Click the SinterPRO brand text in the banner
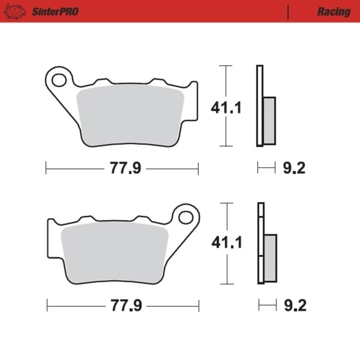(x=55, y=12)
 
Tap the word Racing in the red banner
(x=333, y=12)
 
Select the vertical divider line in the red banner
(x=288, y=12)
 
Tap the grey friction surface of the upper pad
(x=129, y=114)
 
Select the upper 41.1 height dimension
(x=226, y=108)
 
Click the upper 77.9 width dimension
(x=125, y=168)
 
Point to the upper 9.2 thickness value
(x=294, y=168)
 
